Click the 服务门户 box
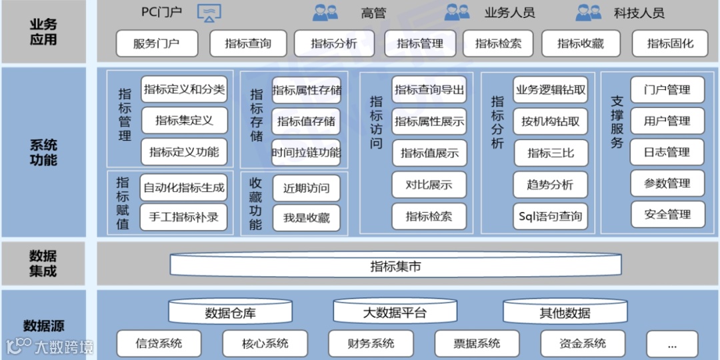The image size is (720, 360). pyautogui.click(x=157, y=44)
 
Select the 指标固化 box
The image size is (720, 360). pyautogui.click(x=670, y=44)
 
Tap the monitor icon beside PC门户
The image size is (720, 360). pyautogui.click(x=209, y=13)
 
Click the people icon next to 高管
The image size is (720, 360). pyautogui.click(x=325, y=13)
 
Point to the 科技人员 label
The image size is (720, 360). pyautogui.click(x=639, y=13)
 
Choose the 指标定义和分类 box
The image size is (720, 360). pyautogui.click(x=185, y=89)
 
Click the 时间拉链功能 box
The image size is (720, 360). pyautogui.click(x=306, y=153)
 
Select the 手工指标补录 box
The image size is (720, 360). pyautogui.click(x=184, y=217)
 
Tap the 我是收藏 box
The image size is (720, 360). pyautogui.click(x=306, y=218)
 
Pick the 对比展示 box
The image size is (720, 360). pyautogui.click(x=429, y=185)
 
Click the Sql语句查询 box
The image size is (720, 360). pyautogui.click(x=550, y=216)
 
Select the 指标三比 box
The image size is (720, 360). pyautogui.click(x=550, y=153)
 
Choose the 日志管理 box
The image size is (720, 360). pyautogui.click(x=667, y=152)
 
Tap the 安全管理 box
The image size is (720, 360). pyautogui.click(x=667, y=215)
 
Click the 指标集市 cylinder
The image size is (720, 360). pyautogui.click(x=395, y=267)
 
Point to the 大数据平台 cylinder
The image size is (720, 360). pyautogui.click(x=395, y=312)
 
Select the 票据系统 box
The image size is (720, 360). pyautogui.click(x=477, y=344)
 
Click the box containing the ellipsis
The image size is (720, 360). pyautogui.click(x=671, y=344)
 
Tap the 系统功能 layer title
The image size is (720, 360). pyautogui.click(x=43, y=153)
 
